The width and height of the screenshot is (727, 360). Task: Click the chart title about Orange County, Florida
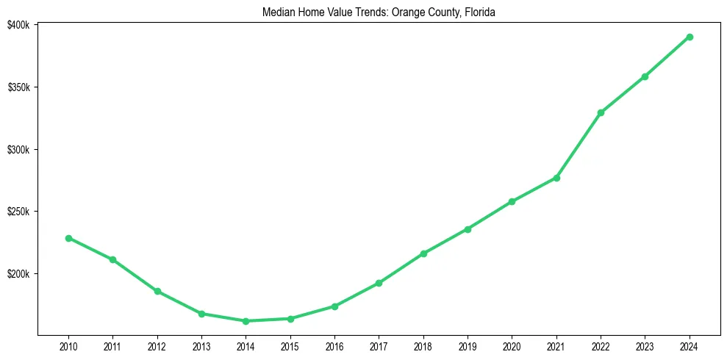379,12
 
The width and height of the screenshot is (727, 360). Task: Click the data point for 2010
68,238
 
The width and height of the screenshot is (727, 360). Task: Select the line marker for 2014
246,321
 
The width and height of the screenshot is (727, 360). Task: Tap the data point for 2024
690,37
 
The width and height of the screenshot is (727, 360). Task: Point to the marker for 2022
601,112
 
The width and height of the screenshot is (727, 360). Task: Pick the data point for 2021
556,178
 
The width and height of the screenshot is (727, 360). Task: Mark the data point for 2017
379,283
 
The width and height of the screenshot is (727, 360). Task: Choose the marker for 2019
468,229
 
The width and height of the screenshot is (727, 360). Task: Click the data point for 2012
157,291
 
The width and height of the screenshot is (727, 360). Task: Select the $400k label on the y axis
18,25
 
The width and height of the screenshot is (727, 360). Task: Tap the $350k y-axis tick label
18,87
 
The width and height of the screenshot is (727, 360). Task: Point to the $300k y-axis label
18,150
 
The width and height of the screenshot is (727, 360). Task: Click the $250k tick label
18,212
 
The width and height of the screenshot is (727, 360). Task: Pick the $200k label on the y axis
18,274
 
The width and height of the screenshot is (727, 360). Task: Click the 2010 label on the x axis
68,345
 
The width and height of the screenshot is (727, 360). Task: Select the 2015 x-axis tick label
290,345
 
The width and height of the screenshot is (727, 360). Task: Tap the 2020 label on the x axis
512,345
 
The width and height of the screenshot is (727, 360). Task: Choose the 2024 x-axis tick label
690,345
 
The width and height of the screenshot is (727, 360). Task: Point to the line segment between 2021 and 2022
579,145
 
